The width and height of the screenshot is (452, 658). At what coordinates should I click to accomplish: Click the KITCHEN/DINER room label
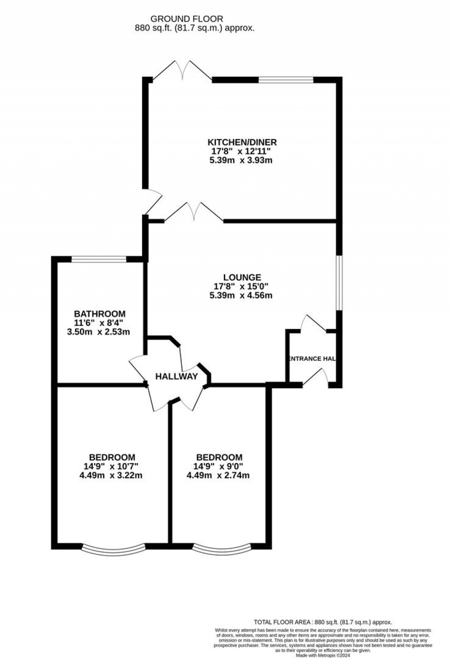pyautogui.click(x=242, y=142)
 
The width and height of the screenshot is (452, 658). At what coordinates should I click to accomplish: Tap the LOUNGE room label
pyautogui.click(x=242, y=277)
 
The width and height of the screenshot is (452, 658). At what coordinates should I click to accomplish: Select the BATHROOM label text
pyautogui.click(x=99, y=314)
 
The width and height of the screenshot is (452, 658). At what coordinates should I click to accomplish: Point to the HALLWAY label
pyautogui.click(x=176, y=377)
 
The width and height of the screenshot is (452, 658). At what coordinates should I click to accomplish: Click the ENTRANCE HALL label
pyautogui.click(x=312, y=359)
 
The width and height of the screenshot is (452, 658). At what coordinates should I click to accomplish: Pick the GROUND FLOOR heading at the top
pyautogui.click(x=187, y=19)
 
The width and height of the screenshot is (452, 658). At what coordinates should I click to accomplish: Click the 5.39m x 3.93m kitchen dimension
pyautogui.click(x=241, y=160)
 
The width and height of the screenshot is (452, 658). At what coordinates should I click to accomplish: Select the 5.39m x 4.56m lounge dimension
pyautogui.click(x=241, y=295)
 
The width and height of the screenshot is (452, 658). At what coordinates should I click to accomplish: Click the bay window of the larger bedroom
pyautogui.click(x=113, y=549)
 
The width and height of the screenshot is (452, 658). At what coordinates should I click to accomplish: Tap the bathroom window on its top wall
pyautogui.click(x=99, y=259)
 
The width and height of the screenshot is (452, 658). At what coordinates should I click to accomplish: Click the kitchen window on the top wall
pyautogui.click(x=286, y=80)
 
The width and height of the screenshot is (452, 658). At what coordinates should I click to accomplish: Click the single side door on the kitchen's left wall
pyautogui.click(x=152, y=202)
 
